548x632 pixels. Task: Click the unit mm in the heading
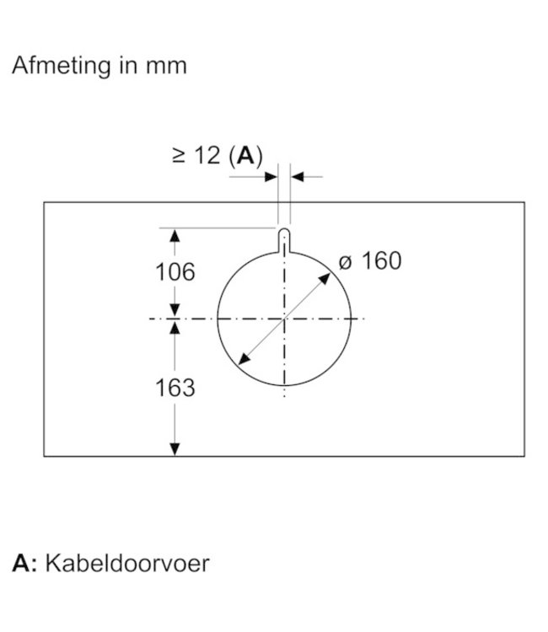click(164, 67)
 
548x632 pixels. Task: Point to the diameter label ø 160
click(369, 261)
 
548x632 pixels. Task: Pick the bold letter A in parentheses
click(245, 155)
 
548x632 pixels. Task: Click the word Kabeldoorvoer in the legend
click(126, 563)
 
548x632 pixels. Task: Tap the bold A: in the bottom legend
click(24, 563)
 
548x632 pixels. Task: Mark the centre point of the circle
click(284, 319)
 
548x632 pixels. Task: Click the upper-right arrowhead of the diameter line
click(328, 275)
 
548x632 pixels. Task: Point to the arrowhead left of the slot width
click(272, 177)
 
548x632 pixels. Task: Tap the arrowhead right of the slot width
click(297, 177)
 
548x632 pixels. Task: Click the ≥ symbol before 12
click(178, 156)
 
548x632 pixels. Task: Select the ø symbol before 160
click(344, 262)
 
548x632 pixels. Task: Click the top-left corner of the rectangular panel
click(44, 202)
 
